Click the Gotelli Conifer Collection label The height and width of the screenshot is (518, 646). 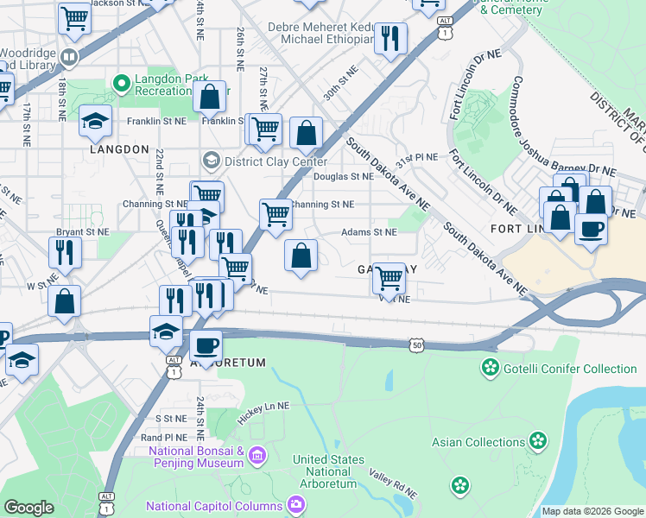[570, 369]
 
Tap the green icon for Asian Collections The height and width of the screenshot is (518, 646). [539, 442]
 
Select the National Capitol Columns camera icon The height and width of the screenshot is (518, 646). [296, 504]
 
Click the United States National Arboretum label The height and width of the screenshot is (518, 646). [328, 471]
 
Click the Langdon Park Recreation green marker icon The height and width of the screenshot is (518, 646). [122, 85]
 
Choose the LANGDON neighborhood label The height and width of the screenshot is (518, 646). [119, 149]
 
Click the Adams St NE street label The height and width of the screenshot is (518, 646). [369, 232]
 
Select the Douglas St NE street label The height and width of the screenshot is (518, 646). [343, 177]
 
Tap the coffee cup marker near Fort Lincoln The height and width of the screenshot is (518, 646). [591, 229]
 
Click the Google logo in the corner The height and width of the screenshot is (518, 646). [28, 508]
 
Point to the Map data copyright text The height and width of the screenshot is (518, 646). [592, 511]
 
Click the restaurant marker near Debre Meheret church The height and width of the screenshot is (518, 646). [391, 38]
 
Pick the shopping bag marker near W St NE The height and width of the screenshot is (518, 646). [65, 302]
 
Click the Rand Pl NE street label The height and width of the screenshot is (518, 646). [164, 438]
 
